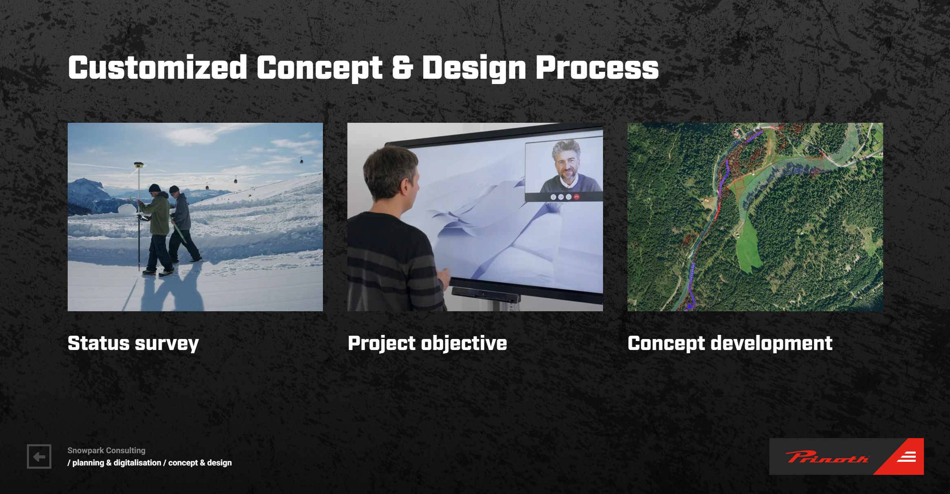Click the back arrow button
(x=39, y=456)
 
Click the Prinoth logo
(x=846, y=456)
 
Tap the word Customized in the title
(x=158, y=68)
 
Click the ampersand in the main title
(x=402, y=68)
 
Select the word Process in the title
(x=597, y=68)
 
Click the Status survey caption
(x=133, y=343)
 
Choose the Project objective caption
(x=427, y=343)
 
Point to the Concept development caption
(x=730, y=343)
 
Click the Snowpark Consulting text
(x=106, y=450)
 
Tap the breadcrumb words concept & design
(x=200, y=463)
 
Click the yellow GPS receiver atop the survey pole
(x=139, y=165)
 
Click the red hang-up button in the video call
(x=577, y=197)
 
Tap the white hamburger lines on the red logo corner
(x=907, y=457)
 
